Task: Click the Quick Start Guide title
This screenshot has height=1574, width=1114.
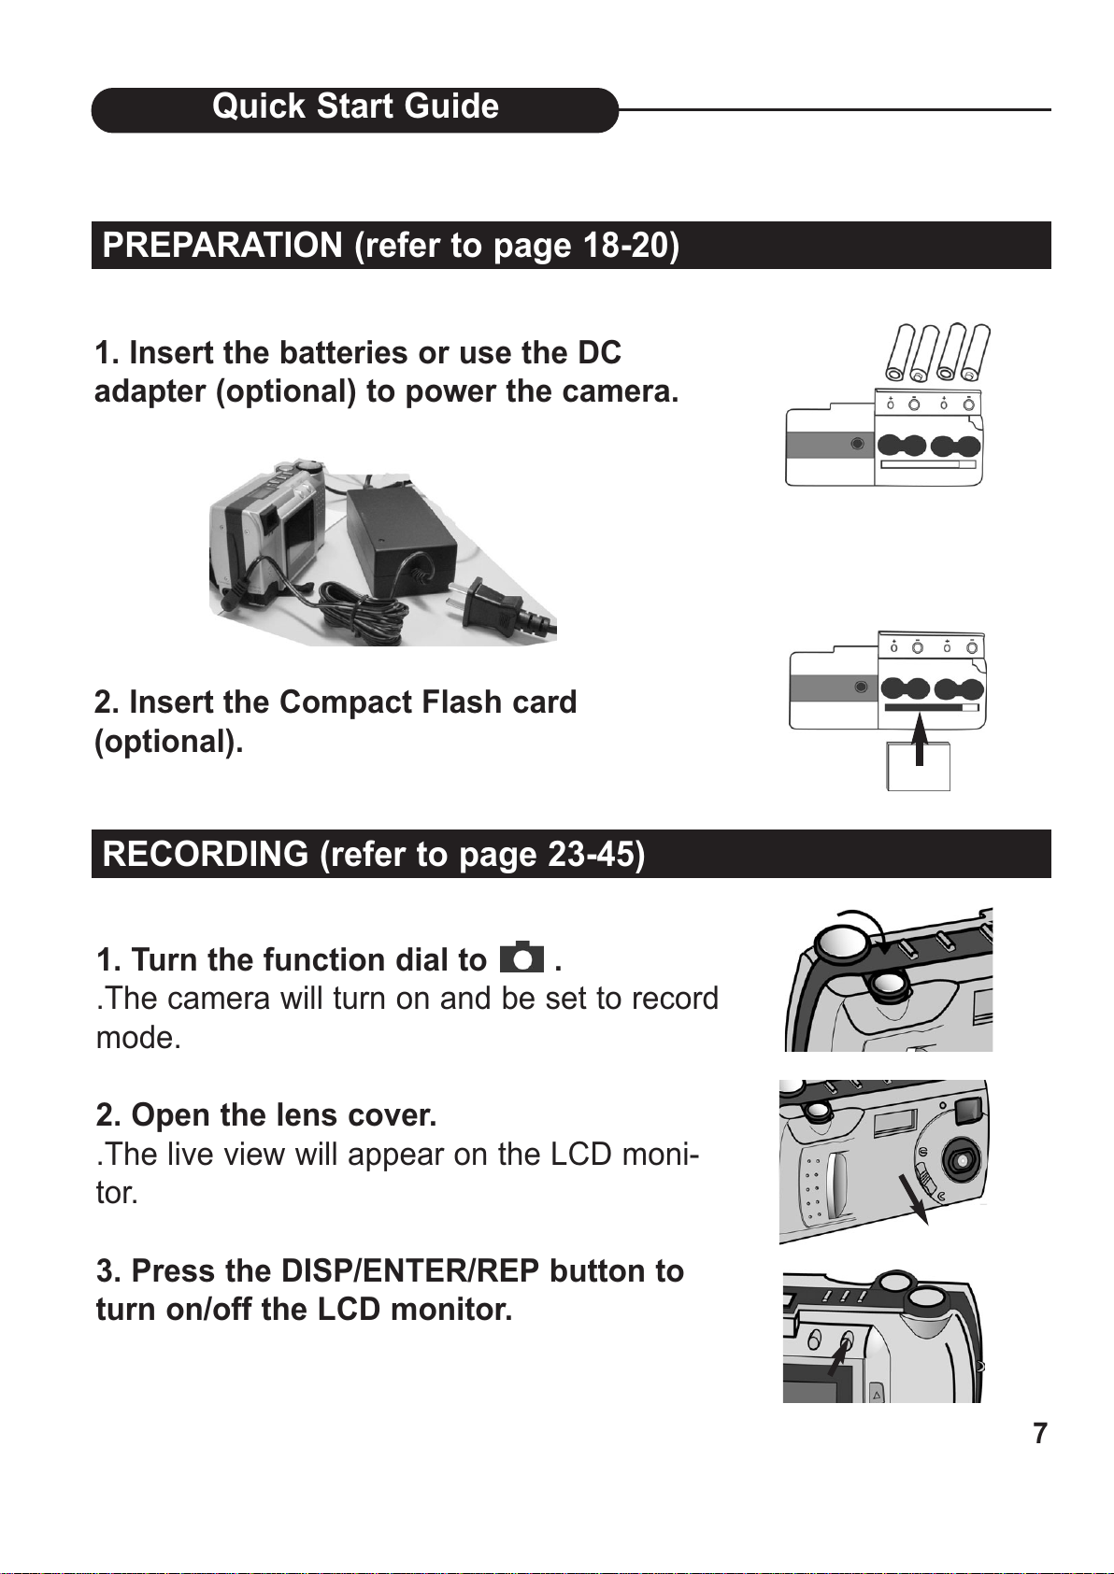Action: tap(355, 107)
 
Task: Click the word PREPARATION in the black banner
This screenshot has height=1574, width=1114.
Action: tap(222, 246)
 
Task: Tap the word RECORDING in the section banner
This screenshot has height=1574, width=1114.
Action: tap(206, 855)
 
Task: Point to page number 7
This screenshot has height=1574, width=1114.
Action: tap(1039, 1433)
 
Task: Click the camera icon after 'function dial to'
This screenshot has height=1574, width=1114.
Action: tap(521, 958)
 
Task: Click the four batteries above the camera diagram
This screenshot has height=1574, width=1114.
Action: tap(937, 352)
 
